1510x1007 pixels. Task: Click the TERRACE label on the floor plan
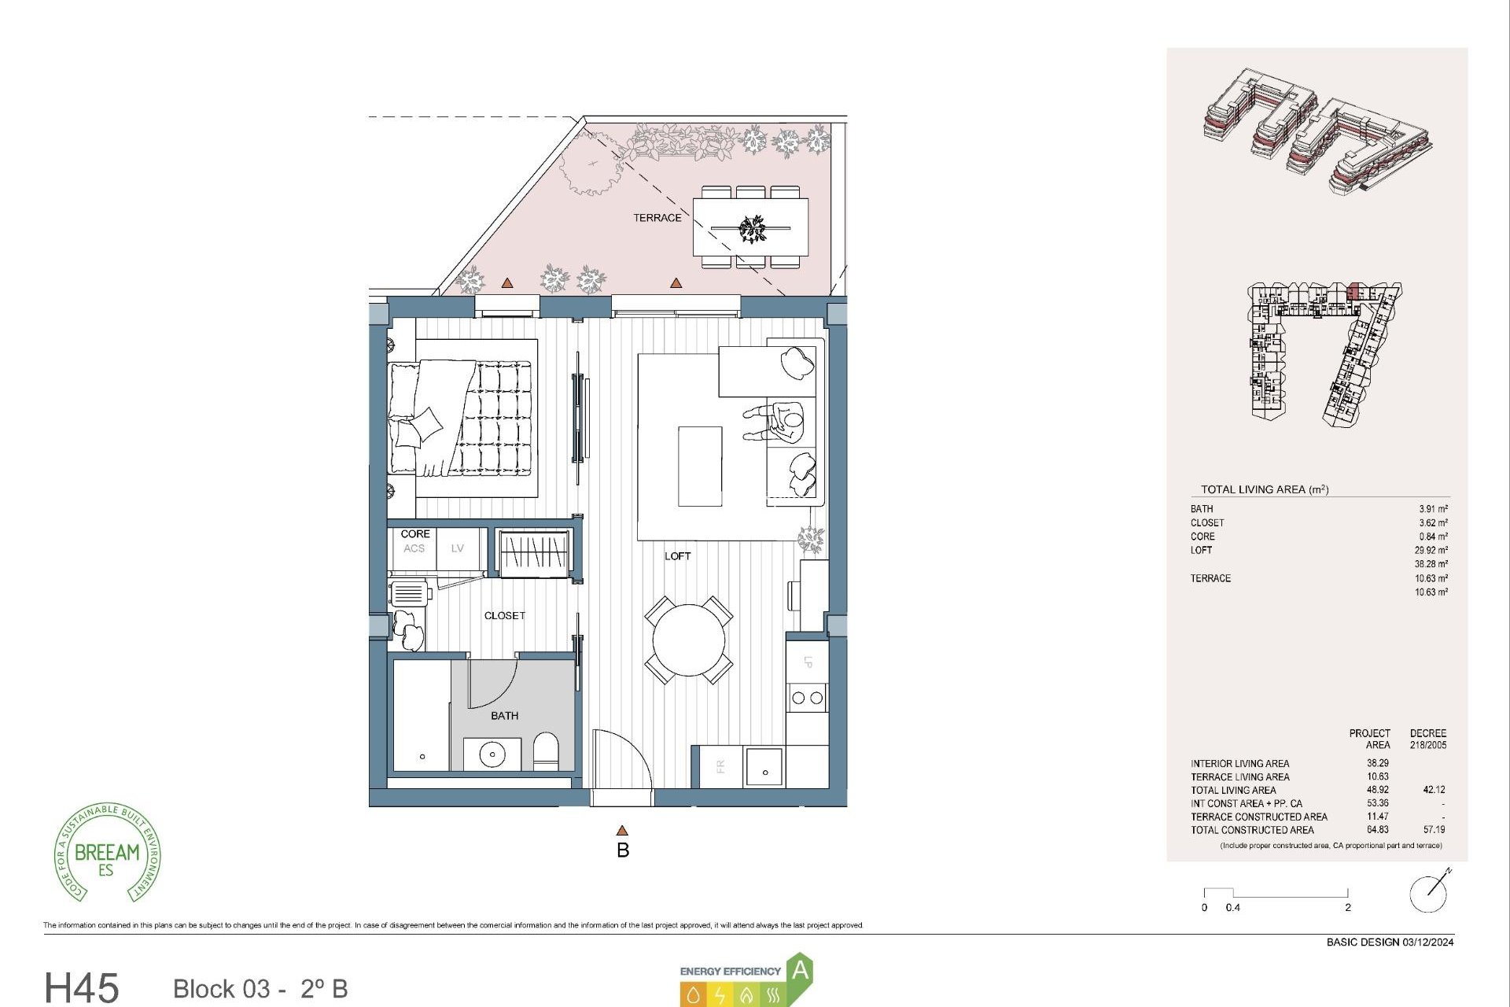click(657, 218)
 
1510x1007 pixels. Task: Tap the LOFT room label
click(677, 556)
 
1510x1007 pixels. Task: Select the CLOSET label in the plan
click(504, 616)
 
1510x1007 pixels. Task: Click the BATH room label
click(504, 716)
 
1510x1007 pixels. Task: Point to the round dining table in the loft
click(689, 640)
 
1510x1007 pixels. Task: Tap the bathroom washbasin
click(492, 754)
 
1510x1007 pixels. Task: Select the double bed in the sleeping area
click(460, 418)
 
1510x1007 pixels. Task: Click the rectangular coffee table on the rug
click(700, 467)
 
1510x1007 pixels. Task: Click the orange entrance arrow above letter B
click(622, 831)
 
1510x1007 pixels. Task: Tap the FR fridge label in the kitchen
click(720, 766)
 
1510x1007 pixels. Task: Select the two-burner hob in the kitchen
click(807, 698)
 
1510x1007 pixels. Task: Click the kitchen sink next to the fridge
click(764, 767)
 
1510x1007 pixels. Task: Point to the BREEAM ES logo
click(107, 854)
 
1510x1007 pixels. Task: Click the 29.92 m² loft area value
click(1431, 551)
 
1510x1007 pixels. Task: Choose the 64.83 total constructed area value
click(1377, 830)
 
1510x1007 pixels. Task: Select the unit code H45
click(82, 987)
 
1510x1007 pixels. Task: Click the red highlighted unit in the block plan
click(1353, 292)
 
